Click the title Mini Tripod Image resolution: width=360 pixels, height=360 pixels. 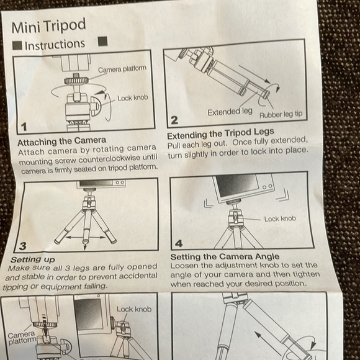pyautogui.click(x=48, y=27)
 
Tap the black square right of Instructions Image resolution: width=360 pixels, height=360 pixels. pyautogui.click(x=103, y=42)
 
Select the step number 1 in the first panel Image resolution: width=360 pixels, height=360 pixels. pyautogui.click(x=24, y=127)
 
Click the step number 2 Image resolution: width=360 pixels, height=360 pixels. pyautogui.click(x=174, y=119)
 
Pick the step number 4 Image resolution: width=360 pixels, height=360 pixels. pyautogui.click(x=179, y=244)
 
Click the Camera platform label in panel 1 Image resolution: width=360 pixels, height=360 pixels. pyautogui.click(x=122, y=70)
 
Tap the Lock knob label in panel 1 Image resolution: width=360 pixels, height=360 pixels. pyautogui.click(x=133, y=98)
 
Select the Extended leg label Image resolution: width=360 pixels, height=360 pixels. pyautogui.click(x=230, y=112)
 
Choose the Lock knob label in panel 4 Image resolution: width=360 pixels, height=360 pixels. pyautogui.click(x=280, y=218)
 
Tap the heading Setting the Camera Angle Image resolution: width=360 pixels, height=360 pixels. pyautogui.click(x=225, y=256)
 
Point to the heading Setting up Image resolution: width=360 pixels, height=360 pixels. pyautogui.click(x=32, y=259)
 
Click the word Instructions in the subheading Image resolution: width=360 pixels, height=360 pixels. pyautogui.click(x=55, y=45)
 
